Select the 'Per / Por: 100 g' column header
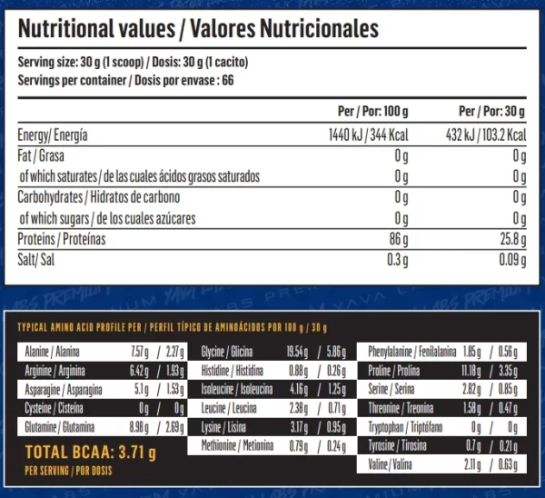372,112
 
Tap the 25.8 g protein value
512,240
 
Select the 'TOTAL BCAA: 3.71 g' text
92,452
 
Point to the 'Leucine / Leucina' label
226,406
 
